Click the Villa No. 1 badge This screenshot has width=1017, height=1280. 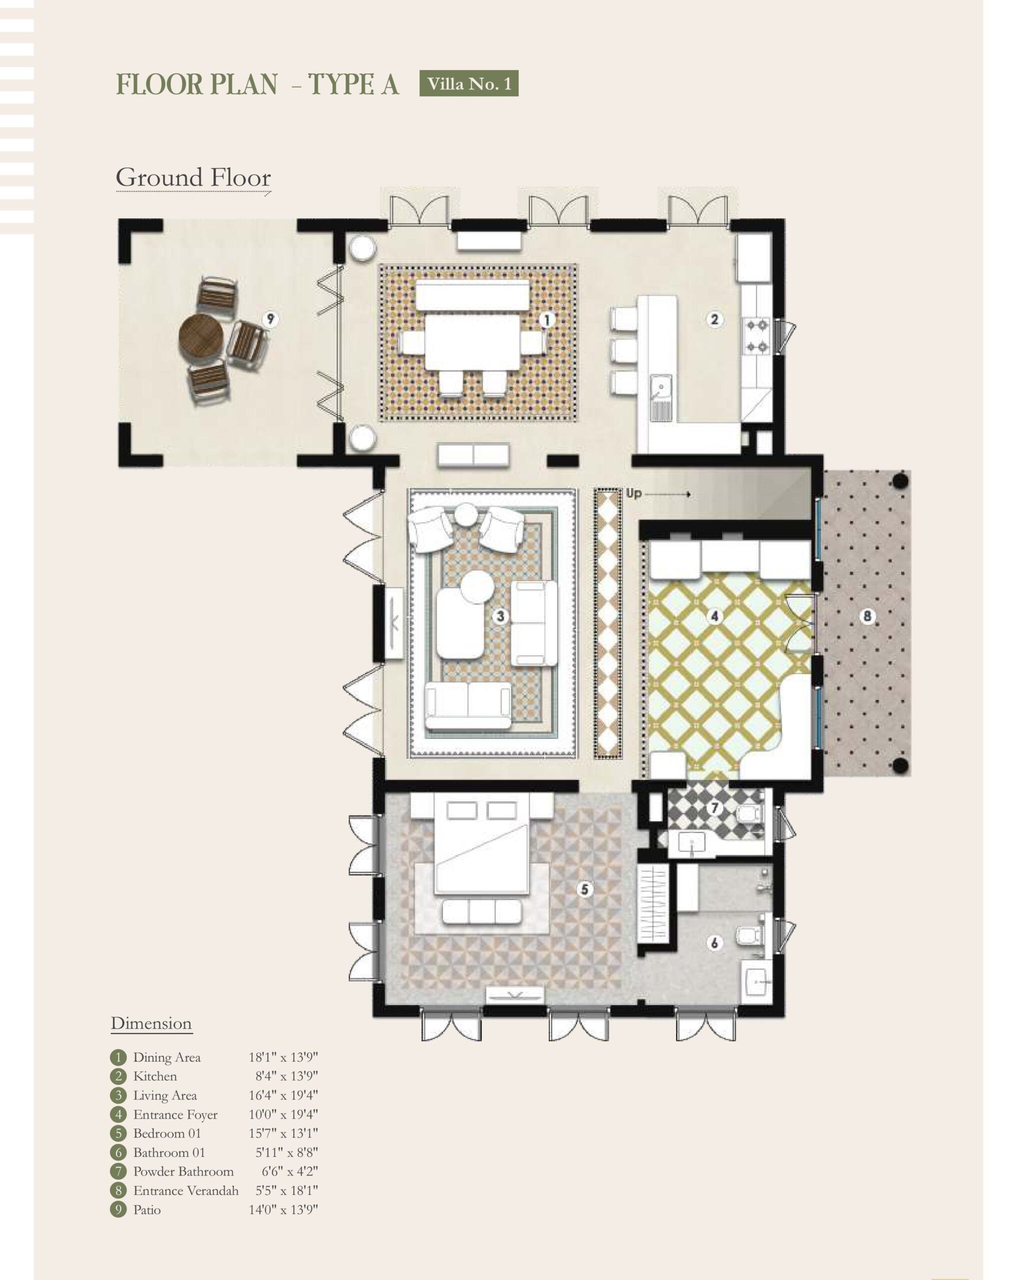tap(468, 83)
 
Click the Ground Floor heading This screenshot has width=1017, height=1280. tap(193, 178)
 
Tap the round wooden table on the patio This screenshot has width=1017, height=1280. tap(201, 336)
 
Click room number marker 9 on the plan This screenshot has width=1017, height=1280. tap(270, 319)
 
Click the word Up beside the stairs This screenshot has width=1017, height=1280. tap(633, 493)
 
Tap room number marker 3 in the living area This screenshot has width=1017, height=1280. tap(500, 616)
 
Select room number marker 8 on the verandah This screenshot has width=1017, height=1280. tap(867, 616)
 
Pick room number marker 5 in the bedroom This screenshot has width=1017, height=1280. tap(585, 889)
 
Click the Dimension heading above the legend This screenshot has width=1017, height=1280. tap(151, 1023)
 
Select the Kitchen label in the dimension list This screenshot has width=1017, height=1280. tap(155, 1076)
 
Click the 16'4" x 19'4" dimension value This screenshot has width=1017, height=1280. tap(283, 1095)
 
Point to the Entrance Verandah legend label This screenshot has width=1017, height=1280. tap(186, 1190)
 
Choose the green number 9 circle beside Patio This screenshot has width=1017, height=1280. tap(118, 1209)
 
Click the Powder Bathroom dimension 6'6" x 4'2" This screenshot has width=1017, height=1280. tap(289, 1171)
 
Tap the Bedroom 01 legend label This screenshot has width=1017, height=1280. tap(167, 1133)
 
